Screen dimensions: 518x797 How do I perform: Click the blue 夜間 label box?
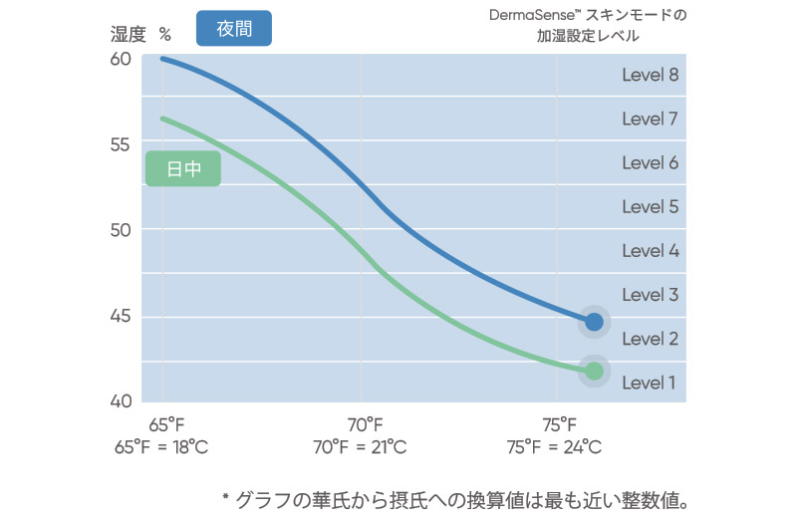pyautogui.click(x=234, y=29)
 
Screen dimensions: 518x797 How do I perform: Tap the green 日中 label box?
pyautogui.click(x=183, y=169)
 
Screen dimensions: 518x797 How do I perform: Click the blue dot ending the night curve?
pyautogui.click(x=594, y=322)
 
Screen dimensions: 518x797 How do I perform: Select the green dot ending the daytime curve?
pyautogui.click(x=594, y=371)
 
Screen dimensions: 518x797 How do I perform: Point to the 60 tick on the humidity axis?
pyautogui.click(x=120, y=59)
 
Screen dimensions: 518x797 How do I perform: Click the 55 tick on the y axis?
pyautogui.click(x=120, y=144)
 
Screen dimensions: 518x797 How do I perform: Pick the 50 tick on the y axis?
pyautogui.click(x=120, y=230)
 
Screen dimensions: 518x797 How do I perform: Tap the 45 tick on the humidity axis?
pyautogui.click(x=120, y=317)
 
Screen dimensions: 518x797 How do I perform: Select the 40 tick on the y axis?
pyautogui.click(x=120, y=401)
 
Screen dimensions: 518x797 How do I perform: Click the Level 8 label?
pyautogui.click(x=650, y=75)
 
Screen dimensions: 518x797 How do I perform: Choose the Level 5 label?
pyautogui.click(x=650, y=207)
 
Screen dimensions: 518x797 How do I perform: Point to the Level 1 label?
pyautogui.click(x=650, y=383)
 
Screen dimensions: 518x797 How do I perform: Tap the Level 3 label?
pyautogui.click(x=650, y=295)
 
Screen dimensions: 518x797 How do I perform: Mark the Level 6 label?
pyautogui.click(x=650, y=162)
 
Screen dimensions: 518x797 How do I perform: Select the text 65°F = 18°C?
pyautogui.click(x=161, y=447)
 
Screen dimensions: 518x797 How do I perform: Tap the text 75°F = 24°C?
pyautogui.click(x=555, y=447)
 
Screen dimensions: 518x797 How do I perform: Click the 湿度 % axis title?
pyautogui.click(x=141, y=34)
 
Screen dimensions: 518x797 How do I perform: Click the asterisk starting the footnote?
pyautogui.click(x=224, y=496)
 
